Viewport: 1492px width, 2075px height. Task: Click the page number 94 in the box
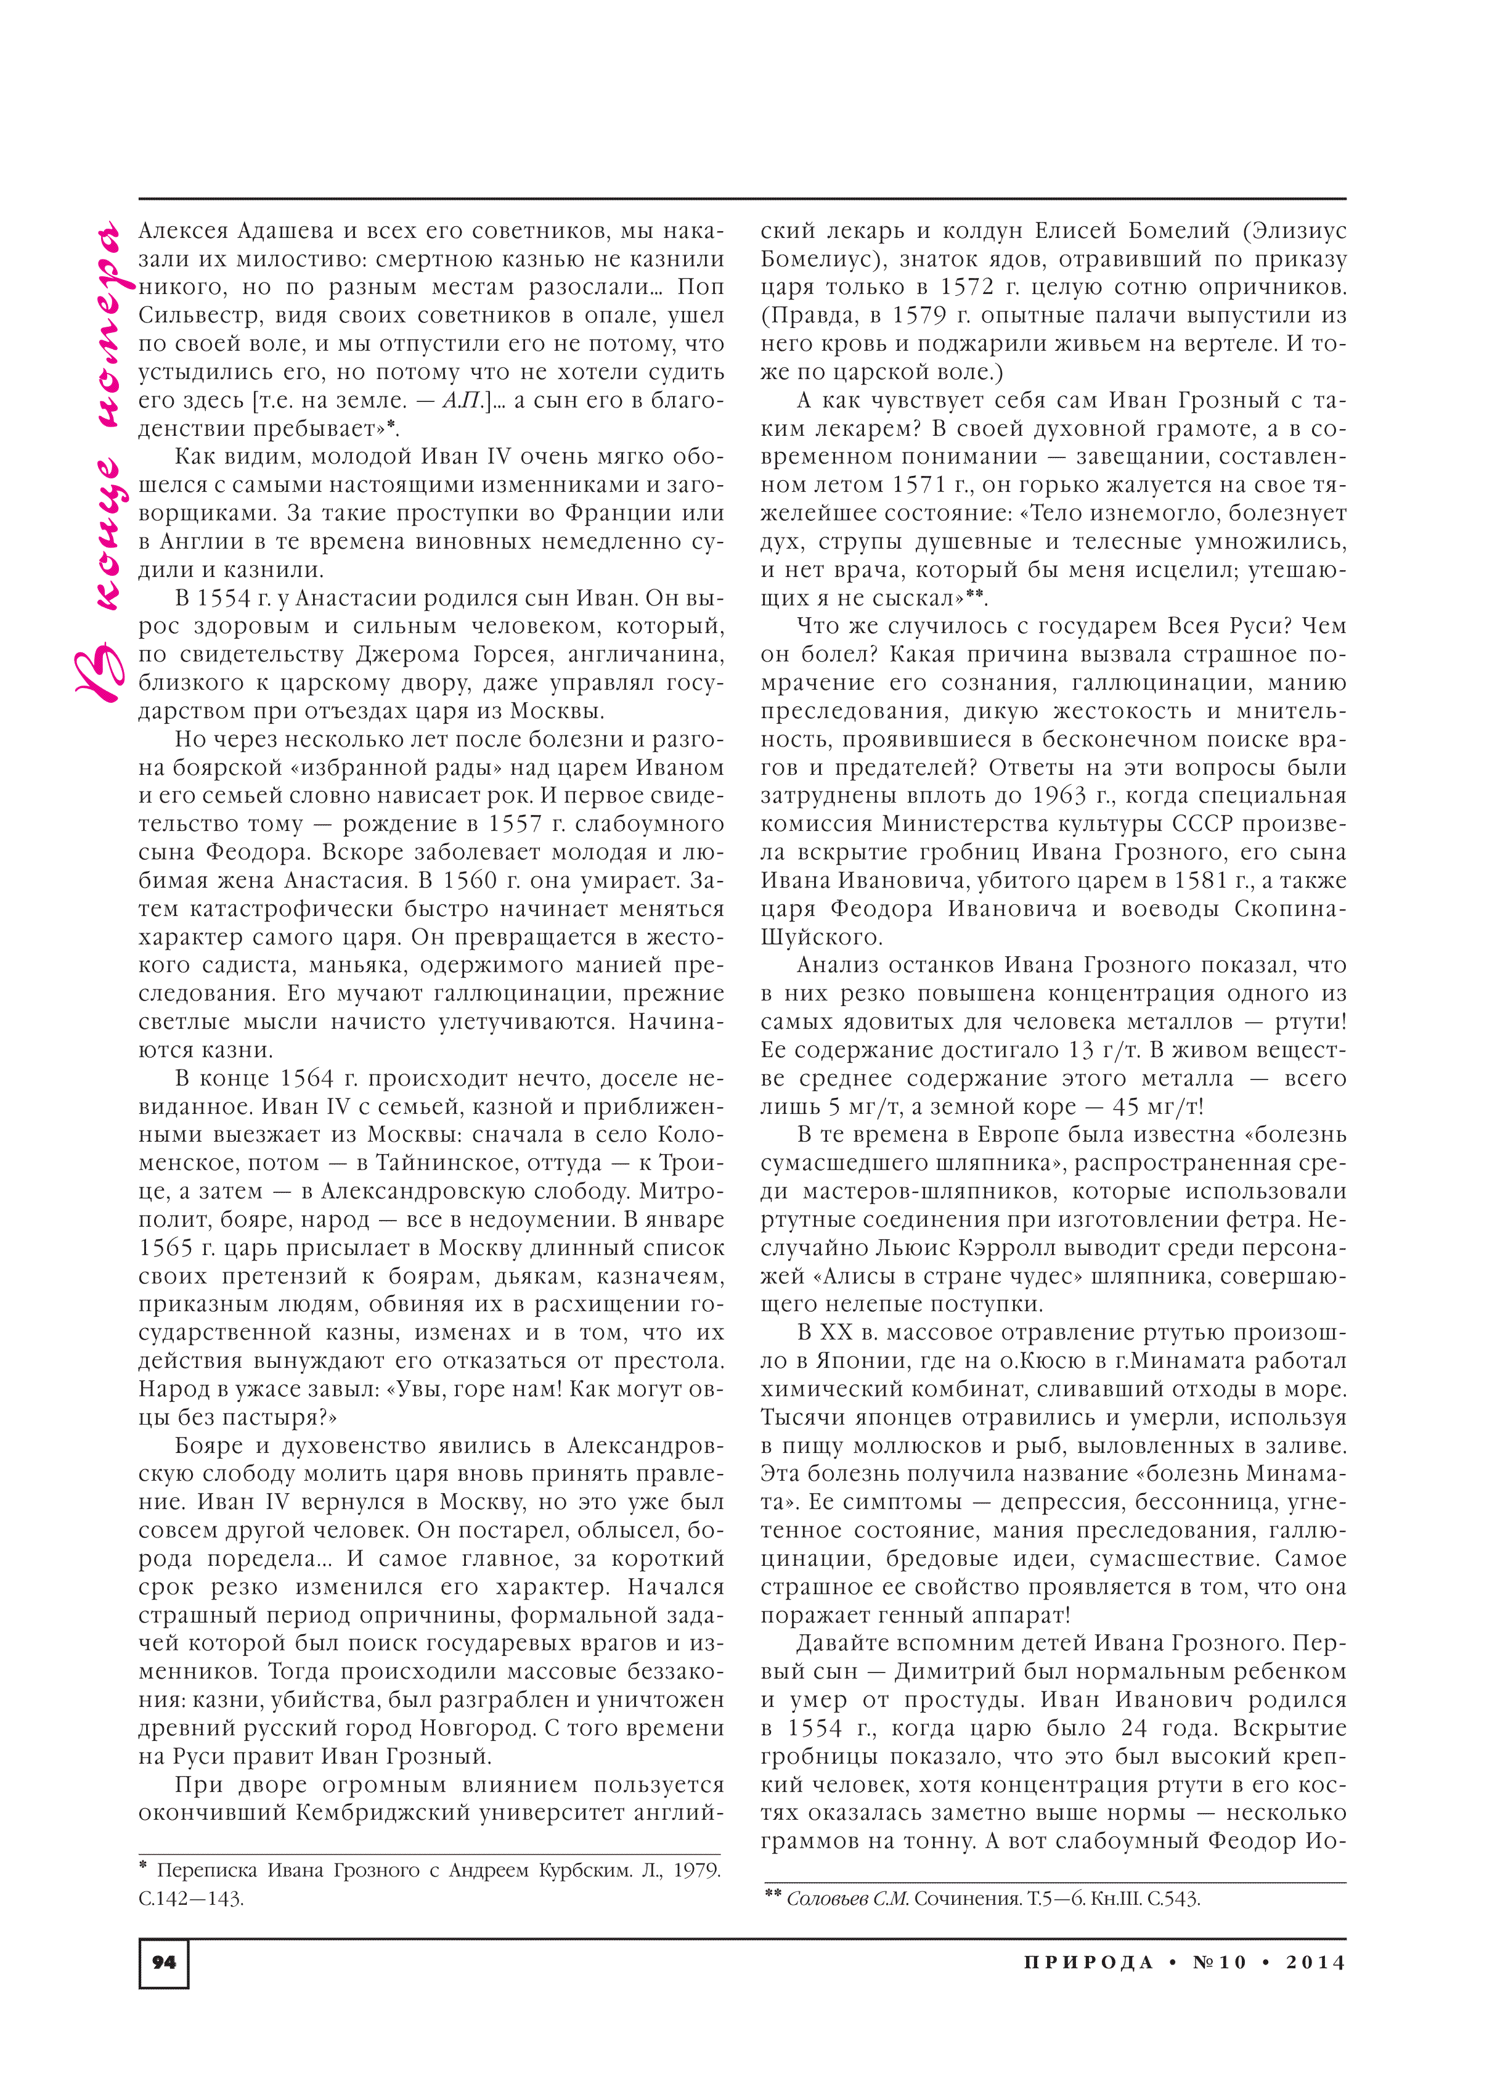[x=164, y=1962]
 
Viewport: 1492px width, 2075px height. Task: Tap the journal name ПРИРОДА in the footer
[x=1088, y=1962]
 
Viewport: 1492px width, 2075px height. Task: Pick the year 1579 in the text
[x=922, y=316]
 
